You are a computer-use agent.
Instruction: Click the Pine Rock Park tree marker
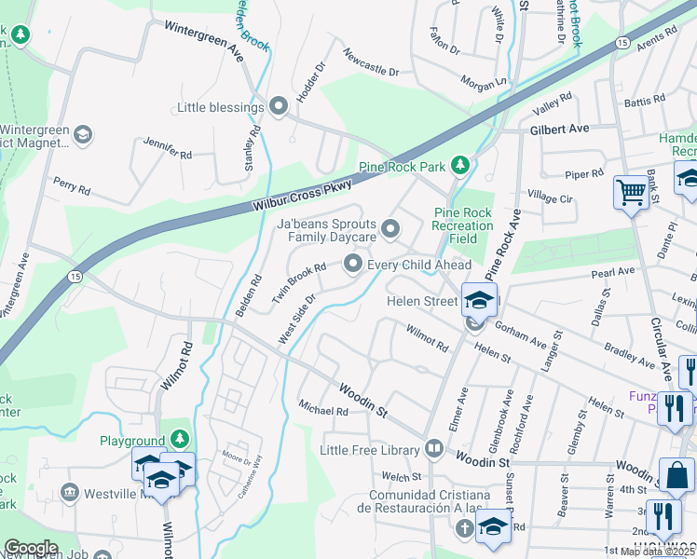458,166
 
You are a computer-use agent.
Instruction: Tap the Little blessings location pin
278,107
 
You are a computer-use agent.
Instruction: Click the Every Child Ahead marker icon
353,266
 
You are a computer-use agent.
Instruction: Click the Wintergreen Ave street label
204,41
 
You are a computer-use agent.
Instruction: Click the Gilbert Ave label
560,129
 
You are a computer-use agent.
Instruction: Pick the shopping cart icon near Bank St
631,193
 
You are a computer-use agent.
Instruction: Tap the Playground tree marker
180,440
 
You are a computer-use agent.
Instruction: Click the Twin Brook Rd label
299,280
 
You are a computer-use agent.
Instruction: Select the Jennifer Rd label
167,147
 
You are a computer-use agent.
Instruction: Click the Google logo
31,548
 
